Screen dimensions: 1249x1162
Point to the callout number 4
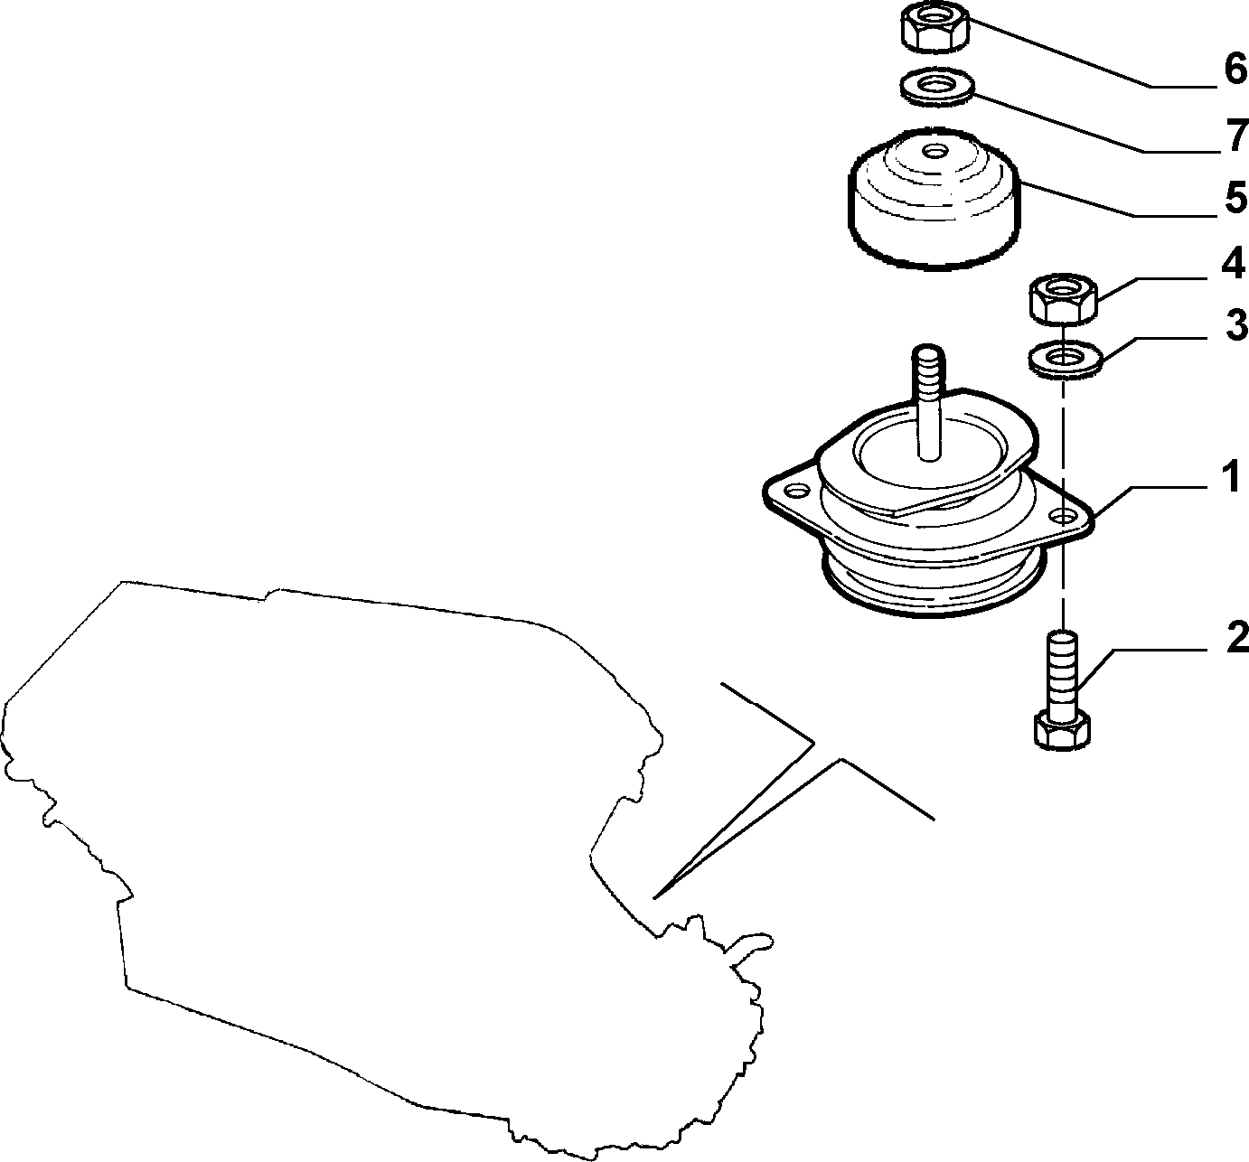coord(1233,264)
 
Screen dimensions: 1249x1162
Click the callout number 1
coord(1231,476)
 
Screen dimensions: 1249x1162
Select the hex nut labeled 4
coord(1064,299)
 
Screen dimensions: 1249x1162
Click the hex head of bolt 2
coord(1062,731)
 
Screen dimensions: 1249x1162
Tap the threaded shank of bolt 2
coord(1063,673)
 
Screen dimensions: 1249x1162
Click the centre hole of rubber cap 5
coord(935,152)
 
